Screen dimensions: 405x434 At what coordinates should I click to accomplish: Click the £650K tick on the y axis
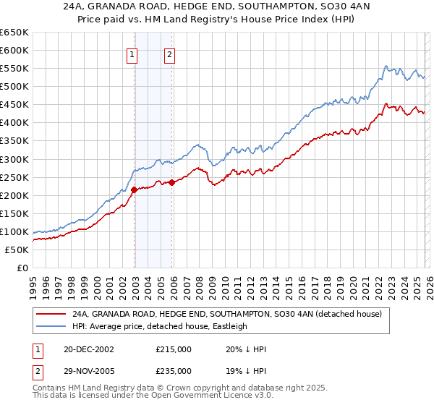pos(14,33)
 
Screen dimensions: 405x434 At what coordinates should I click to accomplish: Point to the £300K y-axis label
pos(14,159)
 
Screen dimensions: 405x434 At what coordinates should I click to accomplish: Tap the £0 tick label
pos(22,268)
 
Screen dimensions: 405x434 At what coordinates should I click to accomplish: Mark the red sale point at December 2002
pos(135,190)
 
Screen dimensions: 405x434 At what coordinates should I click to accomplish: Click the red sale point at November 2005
pos(172,182)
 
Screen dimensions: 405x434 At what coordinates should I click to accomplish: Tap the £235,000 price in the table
pos(173,371)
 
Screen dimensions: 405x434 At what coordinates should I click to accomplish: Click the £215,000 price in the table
pos(173,349)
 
